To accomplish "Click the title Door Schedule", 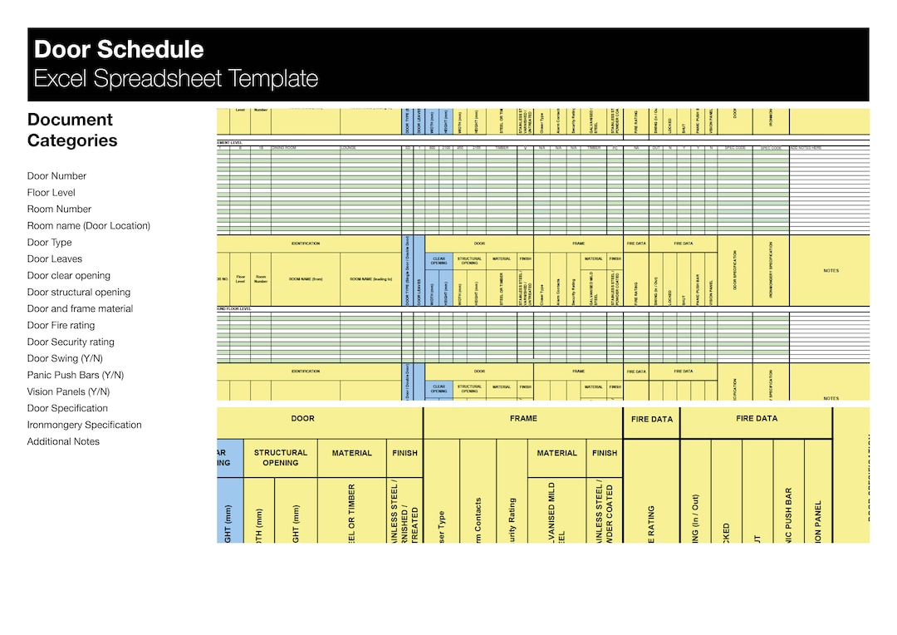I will coord(119,50).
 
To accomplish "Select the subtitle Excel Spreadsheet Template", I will coord(175,79).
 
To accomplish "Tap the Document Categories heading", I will coord(71,130).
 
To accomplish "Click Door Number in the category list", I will coord(56,176).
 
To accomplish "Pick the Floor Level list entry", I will coord(51,193).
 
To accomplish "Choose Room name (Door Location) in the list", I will coord(88,226).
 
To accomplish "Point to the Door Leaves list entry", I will coord(55,259).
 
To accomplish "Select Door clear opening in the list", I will coord(68,276).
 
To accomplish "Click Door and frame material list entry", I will coord(80,309).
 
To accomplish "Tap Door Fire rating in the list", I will coord(61,326).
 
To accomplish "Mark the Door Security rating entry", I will coord(71,342).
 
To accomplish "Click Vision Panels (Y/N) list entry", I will coord(68,392).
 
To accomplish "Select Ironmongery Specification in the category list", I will coord(84,426).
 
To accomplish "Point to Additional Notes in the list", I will coord(63,442).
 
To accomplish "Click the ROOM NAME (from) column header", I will coord(305,279).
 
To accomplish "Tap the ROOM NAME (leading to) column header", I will coord(370,279).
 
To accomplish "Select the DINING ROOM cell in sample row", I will coord(284,148).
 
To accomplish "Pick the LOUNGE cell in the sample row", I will coord(349,148).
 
